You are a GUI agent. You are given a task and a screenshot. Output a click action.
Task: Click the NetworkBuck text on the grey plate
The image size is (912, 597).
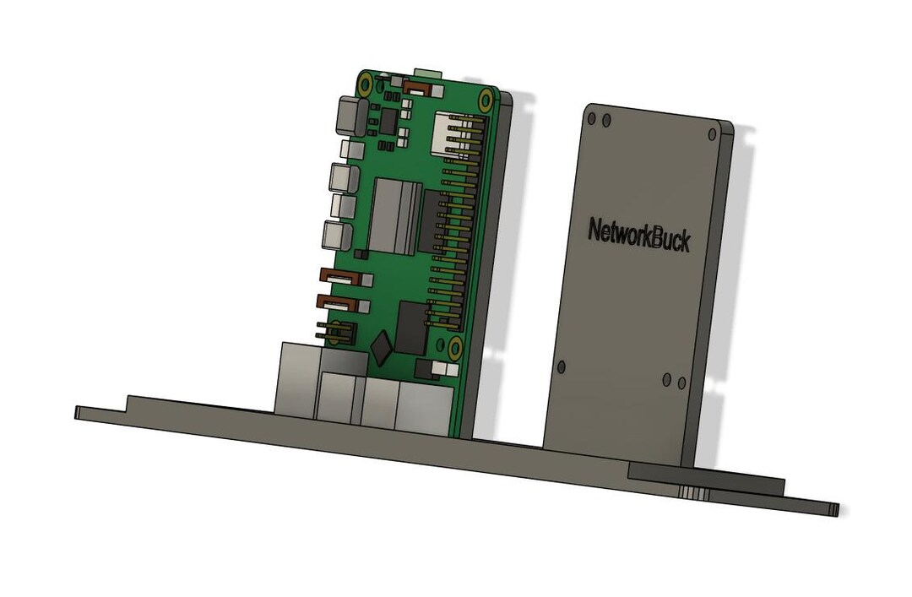click(x=638, y=235)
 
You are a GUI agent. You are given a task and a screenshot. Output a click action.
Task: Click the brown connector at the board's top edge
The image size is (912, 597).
click(x=416, y=85)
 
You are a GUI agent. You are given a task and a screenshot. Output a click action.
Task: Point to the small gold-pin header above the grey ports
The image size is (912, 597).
click(x=336, y=332)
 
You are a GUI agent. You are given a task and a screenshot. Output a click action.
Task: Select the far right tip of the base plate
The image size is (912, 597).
click(x=835, y=509)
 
